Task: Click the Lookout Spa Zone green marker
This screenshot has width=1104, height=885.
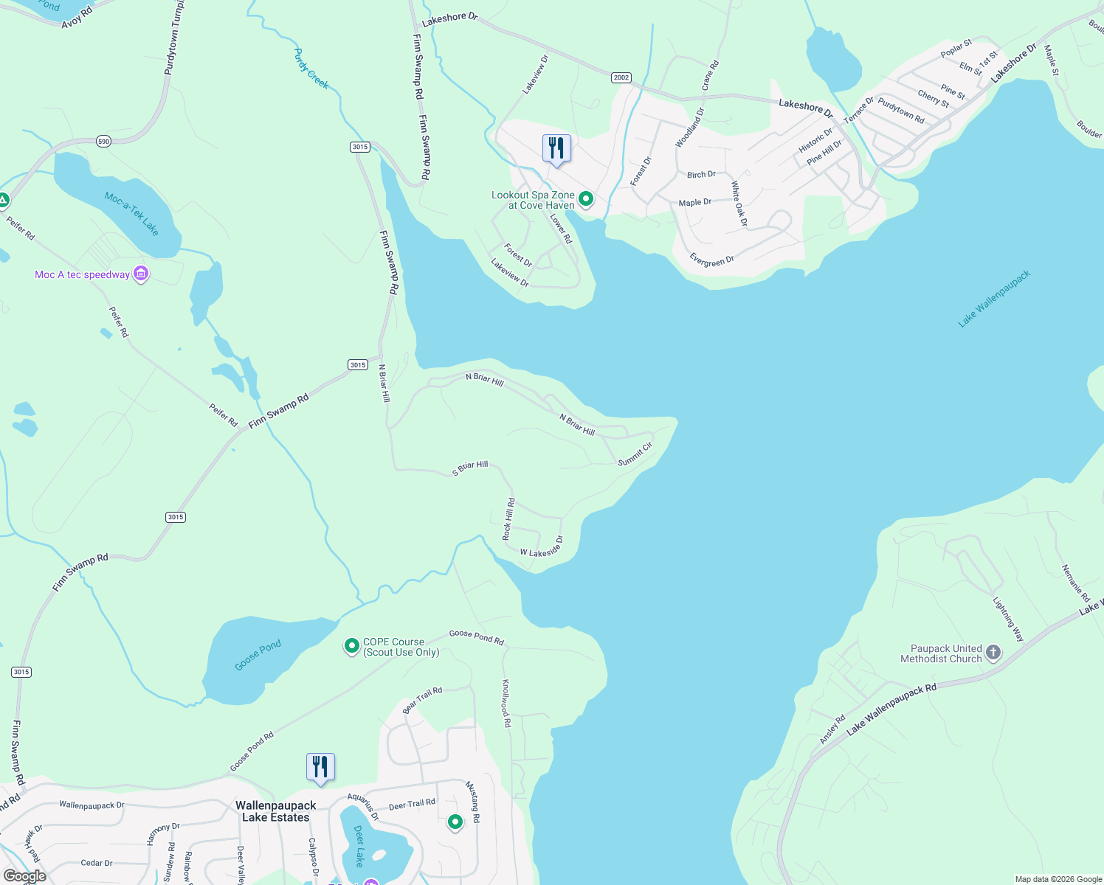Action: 586,199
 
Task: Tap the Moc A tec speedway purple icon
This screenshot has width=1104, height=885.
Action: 141,274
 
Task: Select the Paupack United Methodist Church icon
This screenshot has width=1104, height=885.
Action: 993,653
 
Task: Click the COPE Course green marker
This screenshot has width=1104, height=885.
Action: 352,646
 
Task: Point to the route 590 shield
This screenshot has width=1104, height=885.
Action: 103,142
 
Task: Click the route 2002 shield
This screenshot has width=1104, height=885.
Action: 621,77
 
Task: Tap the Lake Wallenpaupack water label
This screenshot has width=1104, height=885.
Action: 994,299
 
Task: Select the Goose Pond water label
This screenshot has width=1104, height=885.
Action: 258,656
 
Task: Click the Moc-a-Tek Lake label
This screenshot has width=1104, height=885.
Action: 132,214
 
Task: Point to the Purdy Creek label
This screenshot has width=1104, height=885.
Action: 311,69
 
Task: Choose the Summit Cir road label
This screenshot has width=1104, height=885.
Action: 635,454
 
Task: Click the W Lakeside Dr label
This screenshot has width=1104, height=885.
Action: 542,547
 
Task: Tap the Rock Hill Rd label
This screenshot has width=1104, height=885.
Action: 508,518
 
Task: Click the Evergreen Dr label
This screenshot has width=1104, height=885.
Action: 711,260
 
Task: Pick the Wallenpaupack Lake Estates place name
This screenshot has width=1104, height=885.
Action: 275,811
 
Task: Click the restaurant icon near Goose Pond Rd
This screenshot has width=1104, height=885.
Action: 320,767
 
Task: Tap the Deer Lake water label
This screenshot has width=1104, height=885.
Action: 359,846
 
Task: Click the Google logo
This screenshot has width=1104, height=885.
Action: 25,876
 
